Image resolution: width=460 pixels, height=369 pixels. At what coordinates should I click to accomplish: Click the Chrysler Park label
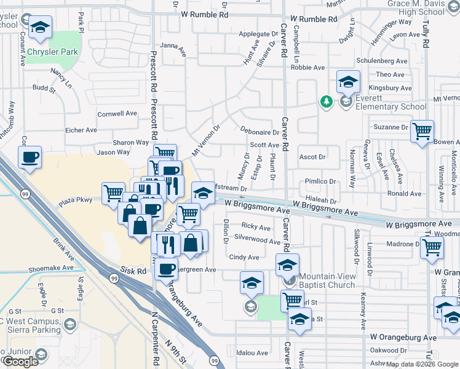click(52, 52)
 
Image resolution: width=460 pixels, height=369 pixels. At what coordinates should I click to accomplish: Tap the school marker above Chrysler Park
click(41, 26)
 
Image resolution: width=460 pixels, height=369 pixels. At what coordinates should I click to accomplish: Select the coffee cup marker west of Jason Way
click(30, 157)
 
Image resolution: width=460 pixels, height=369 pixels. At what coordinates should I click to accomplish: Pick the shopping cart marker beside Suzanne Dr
click(422, 130)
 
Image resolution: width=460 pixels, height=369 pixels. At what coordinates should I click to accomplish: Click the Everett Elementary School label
click(386, 102)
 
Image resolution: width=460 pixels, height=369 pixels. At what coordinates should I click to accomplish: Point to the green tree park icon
click(325, 101)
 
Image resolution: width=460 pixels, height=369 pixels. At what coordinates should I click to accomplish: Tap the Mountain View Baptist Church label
click(327, 280)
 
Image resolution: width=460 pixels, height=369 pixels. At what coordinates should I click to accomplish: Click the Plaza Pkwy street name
click(75, 200)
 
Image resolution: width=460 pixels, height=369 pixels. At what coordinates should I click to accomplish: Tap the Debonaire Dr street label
click(261, 132)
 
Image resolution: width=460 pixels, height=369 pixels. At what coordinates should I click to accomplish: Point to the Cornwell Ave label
click(117, 113)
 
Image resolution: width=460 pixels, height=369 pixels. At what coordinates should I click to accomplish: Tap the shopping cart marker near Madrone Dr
click(432, 246)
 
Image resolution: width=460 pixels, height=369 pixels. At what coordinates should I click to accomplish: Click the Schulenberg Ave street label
click(383, 61)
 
